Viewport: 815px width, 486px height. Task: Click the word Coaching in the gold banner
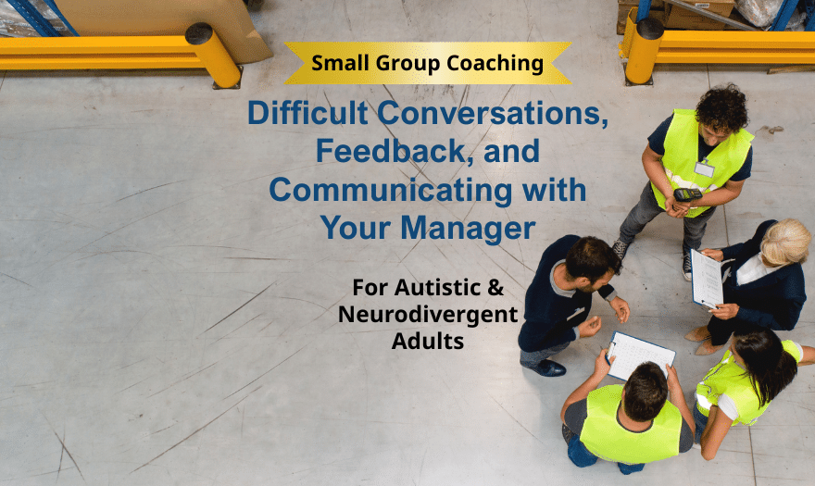[495, 64]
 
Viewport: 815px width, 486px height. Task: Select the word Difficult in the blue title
[307, 113]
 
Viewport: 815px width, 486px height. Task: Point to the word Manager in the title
[468, 228]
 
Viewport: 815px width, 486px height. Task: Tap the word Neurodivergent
[428, 315]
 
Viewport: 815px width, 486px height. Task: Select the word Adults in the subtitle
[428, 342]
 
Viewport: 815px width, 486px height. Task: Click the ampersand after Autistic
[495, 288]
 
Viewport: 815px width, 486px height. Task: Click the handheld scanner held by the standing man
[687, 195]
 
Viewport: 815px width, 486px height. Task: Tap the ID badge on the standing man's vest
[704, 168]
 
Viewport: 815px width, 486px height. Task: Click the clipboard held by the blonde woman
[707, 280]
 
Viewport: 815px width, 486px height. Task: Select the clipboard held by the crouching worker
[641, 355]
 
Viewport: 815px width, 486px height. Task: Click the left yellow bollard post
[213, 55]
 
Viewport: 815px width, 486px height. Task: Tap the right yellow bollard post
[644, 50]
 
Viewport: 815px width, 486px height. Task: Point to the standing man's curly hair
[722, 107]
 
